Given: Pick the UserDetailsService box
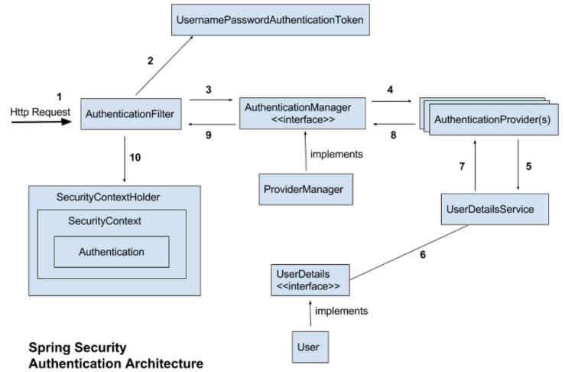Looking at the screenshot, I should pos(495,208).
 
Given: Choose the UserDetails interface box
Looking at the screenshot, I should pos(310,280).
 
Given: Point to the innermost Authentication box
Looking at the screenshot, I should pos(112,251).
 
